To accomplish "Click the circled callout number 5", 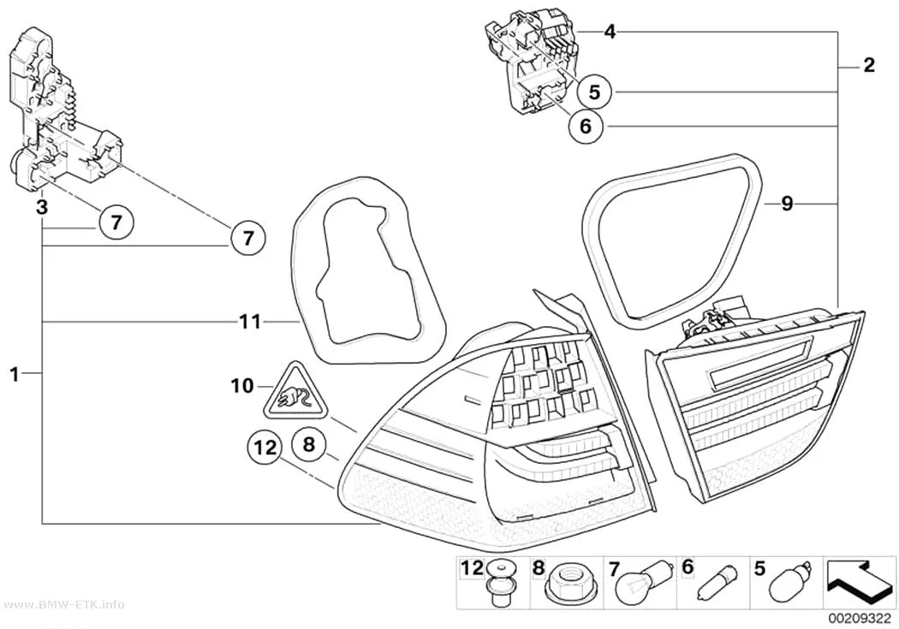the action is coord(594,92).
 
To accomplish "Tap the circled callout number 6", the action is coord(586,126).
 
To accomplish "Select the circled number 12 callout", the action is coord(265,448).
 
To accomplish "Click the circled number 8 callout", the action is coord(308,444).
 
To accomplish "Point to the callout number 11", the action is coord(250,322).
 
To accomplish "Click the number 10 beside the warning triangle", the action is coord(242,386).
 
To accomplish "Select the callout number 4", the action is coord(610,32).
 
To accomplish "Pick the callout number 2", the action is coord(869,65).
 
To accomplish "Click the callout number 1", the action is coord(15,375).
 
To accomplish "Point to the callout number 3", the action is coord(41,207).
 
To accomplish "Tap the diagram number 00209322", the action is coord(859,620).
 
